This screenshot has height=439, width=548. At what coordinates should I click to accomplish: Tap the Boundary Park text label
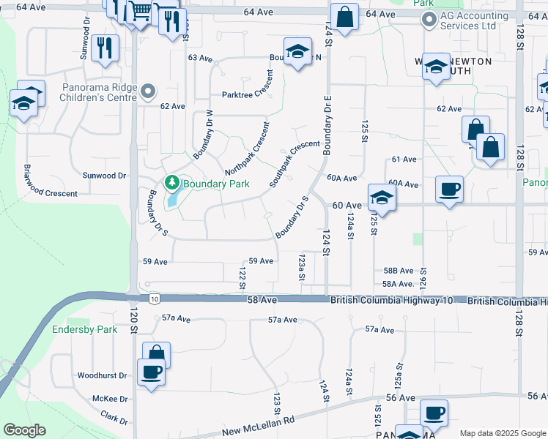tap(216, 184)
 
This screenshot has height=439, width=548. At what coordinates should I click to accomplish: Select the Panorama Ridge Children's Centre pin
tap(149, 92)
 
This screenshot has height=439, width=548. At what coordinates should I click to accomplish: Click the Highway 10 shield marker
tap(154, 299)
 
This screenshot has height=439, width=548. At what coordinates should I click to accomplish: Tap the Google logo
tap(24, 429)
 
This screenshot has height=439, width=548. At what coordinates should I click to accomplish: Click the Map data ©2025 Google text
tap(502, 433)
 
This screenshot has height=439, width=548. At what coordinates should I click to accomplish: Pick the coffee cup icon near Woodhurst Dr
tap(151, 372)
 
